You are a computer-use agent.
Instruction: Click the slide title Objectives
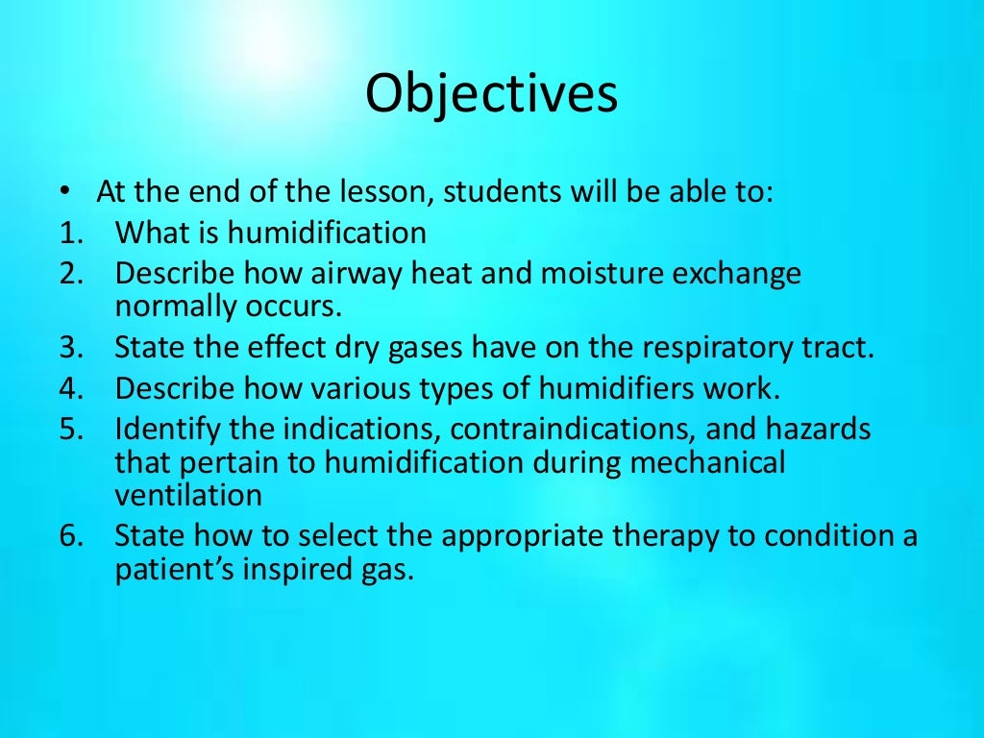(492, 95)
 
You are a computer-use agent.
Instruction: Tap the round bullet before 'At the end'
(64, 191)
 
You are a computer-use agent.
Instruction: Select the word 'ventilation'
(188, 495)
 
